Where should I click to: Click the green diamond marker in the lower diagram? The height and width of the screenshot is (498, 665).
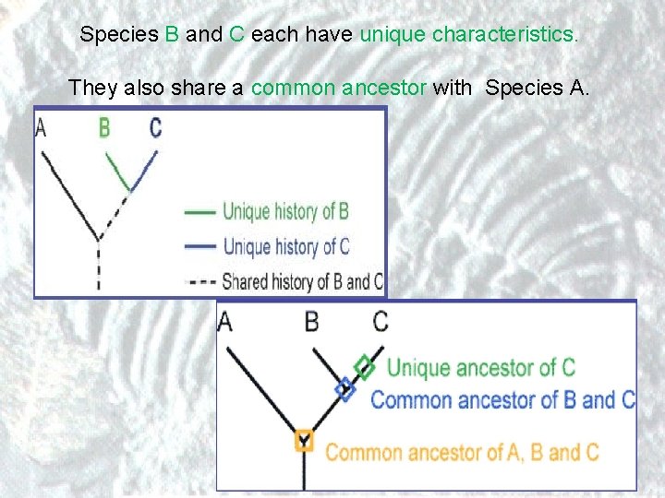[x=366, y=366]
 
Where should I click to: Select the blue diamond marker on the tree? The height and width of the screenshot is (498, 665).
[x=345, y=389]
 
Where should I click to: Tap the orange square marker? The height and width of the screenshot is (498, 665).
[x=304, y=440]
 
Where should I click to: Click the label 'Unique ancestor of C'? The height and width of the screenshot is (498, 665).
[x=480, y=367]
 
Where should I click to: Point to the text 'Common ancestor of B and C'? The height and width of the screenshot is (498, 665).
[x=502, y=400]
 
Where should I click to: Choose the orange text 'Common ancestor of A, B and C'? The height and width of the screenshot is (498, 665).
[x=462, y=453]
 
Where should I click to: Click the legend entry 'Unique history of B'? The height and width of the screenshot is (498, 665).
[x=285, y=211]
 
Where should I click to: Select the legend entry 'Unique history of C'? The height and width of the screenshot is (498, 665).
[x=285, y=246]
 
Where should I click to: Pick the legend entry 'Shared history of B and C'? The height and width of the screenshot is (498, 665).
[x=303, y=281]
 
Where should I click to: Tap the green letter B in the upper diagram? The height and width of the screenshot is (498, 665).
[x=104, y=127]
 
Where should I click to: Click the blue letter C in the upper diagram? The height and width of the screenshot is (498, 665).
[x=155, y=127]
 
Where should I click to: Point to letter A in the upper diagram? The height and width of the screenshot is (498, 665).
[x=41, y=127]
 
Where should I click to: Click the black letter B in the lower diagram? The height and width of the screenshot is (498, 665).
[x=312, y=323]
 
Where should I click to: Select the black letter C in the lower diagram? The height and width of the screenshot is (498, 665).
[x=381, y=323]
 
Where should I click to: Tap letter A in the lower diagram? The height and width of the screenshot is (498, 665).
[x=225, y=323]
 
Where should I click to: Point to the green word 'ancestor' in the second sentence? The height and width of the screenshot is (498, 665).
[x=383, y=89]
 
